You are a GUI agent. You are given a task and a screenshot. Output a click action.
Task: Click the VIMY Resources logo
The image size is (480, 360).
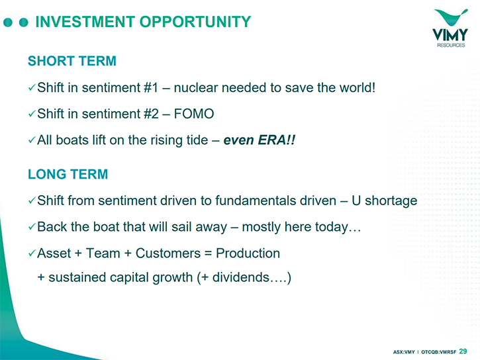pyautogui.click(x=450, y=28)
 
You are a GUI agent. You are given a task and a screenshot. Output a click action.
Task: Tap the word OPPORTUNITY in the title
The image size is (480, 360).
pyautogui.click(x=195, y=22)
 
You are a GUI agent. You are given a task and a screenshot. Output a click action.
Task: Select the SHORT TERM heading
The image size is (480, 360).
pyautogui.click(x=72, y=61)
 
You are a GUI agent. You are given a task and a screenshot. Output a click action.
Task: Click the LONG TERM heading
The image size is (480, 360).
pyautogui.click(x=68, y=174)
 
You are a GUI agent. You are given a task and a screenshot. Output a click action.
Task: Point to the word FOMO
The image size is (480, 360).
pyautogui.click(x=194, y=114)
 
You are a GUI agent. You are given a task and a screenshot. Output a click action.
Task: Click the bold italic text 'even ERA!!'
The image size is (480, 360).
pyautogui.click(x=260, y=140)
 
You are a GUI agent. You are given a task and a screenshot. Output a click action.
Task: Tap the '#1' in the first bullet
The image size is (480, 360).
pyautogui.click(x=151, y=88)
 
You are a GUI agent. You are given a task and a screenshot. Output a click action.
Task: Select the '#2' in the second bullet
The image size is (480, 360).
pyautogui.click(x=151, y=114)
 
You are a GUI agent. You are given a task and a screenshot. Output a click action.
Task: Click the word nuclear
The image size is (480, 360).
pyautogui.click(x=196, y=88)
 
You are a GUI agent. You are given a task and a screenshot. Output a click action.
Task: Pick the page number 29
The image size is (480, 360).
pyautogui.click(x=463, y=351)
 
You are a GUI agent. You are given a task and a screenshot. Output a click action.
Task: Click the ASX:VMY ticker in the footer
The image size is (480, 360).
pyautogui.click(x=404, y=352)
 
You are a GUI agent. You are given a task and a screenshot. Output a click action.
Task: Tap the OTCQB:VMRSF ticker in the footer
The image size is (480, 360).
pyautogui.click(x=439, y=352)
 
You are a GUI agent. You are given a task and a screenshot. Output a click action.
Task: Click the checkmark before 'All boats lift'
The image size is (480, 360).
pyautogui.click(x=32, y=140)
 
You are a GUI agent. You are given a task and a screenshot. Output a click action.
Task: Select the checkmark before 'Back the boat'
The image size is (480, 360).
pyautogui.click(x=32, y=227)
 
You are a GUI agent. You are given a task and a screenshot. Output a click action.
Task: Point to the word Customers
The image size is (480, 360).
pyautogui.click(x=168, y=253)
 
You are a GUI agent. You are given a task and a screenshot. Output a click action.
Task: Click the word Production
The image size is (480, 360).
pyautogui.click(x=248, y=253)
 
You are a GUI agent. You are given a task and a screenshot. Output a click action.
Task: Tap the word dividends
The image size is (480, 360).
pyautogui.click(x=240, y=277)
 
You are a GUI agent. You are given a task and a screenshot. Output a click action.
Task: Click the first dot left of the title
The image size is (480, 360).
pyautogui.click(x=8, y=22)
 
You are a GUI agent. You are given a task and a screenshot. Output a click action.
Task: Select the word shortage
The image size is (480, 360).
pyautogui.click(x=391, y=201)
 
